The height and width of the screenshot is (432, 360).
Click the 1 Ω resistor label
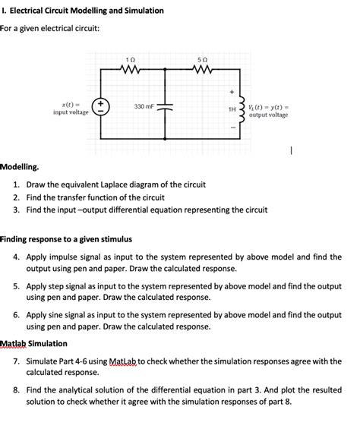point(131,60)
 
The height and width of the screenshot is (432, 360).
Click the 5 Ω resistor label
point(201,60)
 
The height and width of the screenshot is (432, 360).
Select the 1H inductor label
point(232,109)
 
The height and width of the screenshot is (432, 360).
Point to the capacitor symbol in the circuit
point(167,107)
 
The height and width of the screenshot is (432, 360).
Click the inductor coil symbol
point(242,108)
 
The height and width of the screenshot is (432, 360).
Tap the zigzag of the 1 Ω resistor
point(131,72)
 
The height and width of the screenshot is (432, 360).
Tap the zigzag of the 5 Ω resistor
point(201,72)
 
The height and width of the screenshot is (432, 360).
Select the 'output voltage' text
point(268,115)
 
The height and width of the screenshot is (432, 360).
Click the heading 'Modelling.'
point(21,166)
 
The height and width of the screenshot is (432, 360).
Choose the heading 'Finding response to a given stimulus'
point(66,239)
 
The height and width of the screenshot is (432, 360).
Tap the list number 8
point(17,390)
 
